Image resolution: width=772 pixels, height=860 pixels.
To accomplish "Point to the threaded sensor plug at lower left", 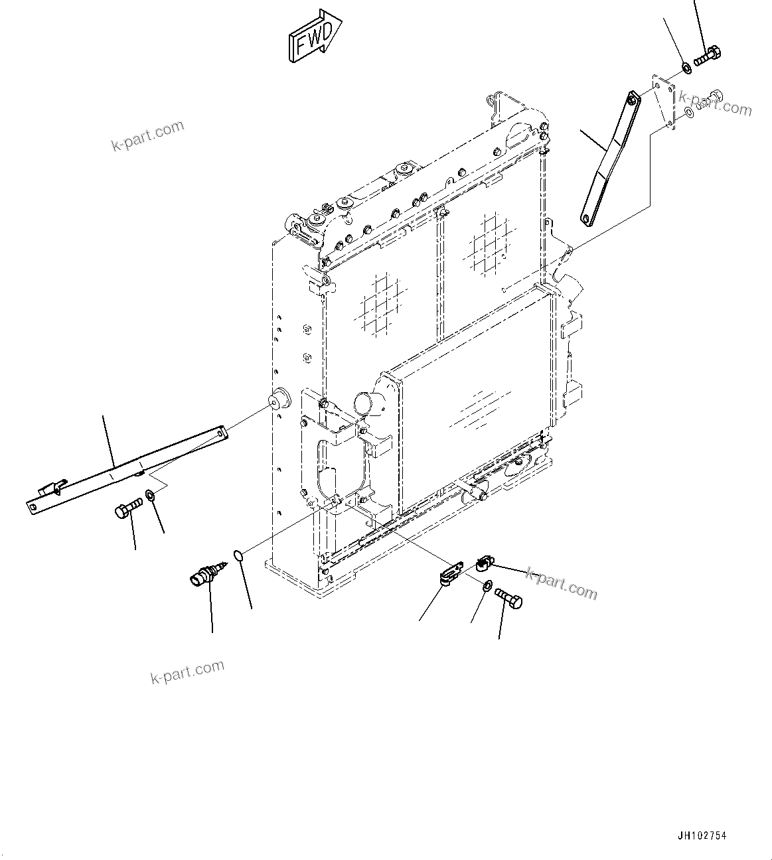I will [206, 573].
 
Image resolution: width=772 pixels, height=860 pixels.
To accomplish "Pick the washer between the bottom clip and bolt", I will [487, 585].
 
